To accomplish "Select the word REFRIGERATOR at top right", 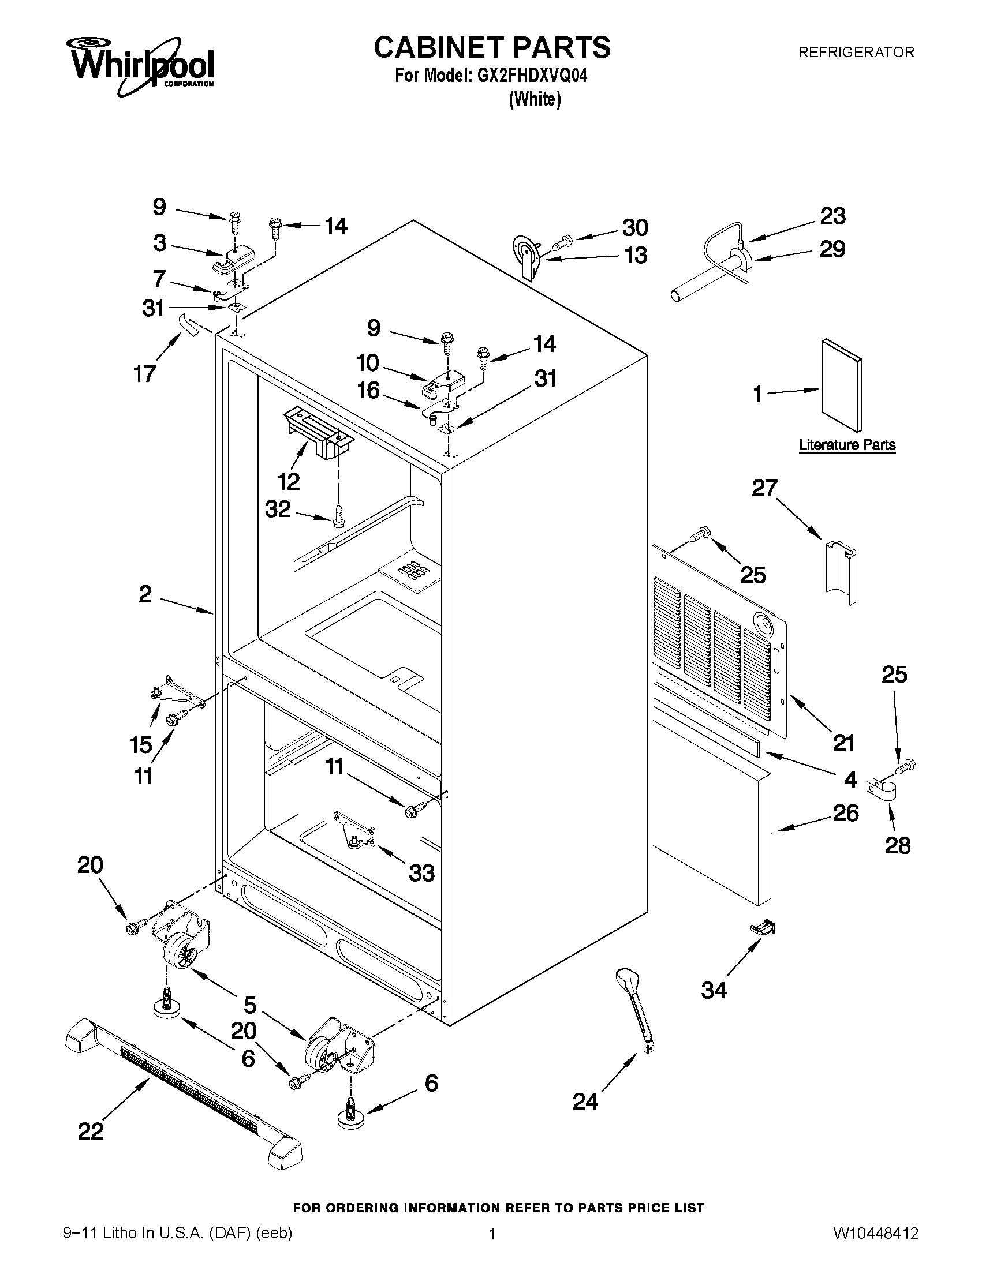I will pos(856,53).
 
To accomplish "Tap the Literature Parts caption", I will pos(846,445).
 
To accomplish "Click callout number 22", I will pos(91,1130).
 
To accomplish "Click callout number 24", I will pos(585,1101).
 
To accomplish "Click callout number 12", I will pos(288,481).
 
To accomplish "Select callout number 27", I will pos(764,488).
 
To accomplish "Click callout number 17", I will pos(144,373).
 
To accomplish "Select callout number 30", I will pos(634,227).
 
